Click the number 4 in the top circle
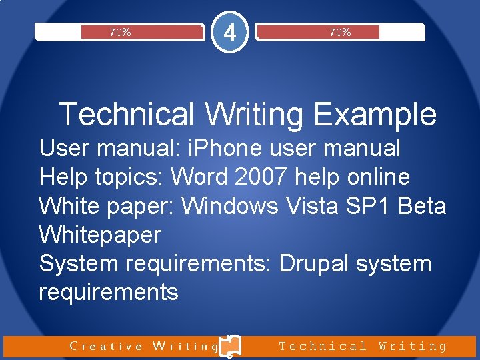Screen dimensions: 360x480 (229, 31)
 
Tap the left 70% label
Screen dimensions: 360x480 (120, 32)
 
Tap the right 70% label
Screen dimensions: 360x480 (340, 32)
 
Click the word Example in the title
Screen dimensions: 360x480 (375, 114)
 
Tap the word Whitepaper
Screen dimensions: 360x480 (100, 235)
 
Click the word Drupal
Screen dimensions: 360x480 (314, 263)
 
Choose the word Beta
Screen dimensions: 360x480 (422, 206)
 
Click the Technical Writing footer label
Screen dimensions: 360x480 (363, 346)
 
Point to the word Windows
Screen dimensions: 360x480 (230, 206)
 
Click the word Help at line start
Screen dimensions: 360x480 (61, 177)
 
